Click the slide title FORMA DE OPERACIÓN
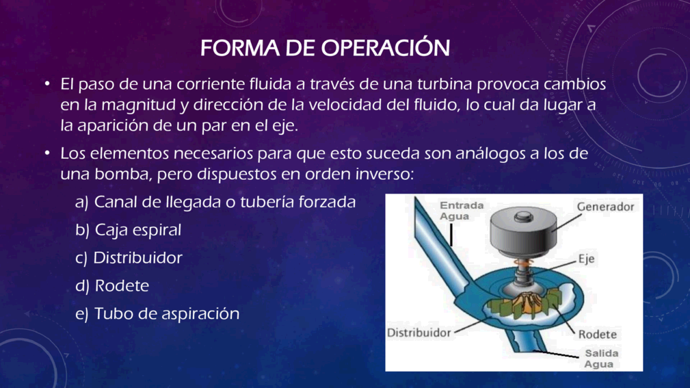click(325, 48)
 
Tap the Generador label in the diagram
click(605, 207)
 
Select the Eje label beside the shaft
click(586, 259)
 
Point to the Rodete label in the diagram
click(597, 334)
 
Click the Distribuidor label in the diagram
click(419, 333)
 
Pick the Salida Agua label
click(601, 359)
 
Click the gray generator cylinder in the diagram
click(523, 233)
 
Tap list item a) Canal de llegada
click(215, 202)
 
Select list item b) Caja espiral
click(128, 230)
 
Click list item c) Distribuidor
click(129, 257)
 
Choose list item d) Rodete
click(112, 285)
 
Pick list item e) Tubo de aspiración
click(157, 313)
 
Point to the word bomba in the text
click(121, 174)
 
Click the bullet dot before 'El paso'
click(47, 83)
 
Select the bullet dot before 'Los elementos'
click(47, 153)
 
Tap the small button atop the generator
click(523, 216)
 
